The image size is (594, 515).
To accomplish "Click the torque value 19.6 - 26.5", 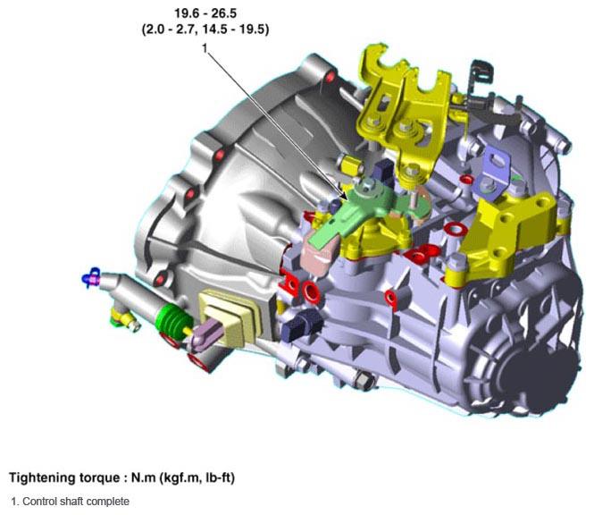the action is tap(205, 13).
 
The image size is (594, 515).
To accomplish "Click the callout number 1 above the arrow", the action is tap(205, 48).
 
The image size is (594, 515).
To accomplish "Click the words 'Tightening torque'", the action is tap(63, 477).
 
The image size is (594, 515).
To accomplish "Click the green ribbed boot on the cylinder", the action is tap(172, 320).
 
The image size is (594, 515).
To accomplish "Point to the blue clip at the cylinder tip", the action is tap(91, 277).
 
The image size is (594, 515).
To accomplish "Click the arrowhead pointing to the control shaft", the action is tap(343, 195).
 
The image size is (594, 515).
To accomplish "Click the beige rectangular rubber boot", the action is tap(230, 317).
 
